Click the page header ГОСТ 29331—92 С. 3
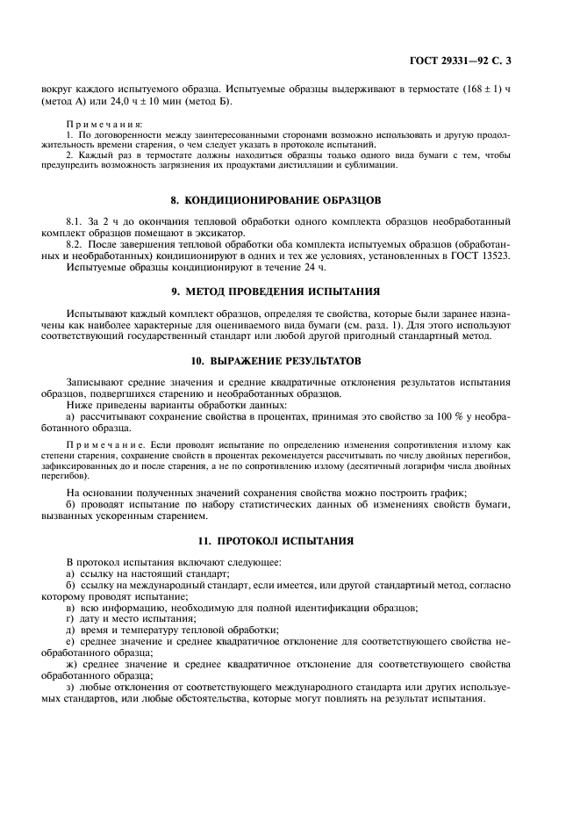(471, 61)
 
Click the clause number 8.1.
(76, 220)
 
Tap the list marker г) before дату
(71, 618)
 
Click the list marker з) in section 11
(71, 687)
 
